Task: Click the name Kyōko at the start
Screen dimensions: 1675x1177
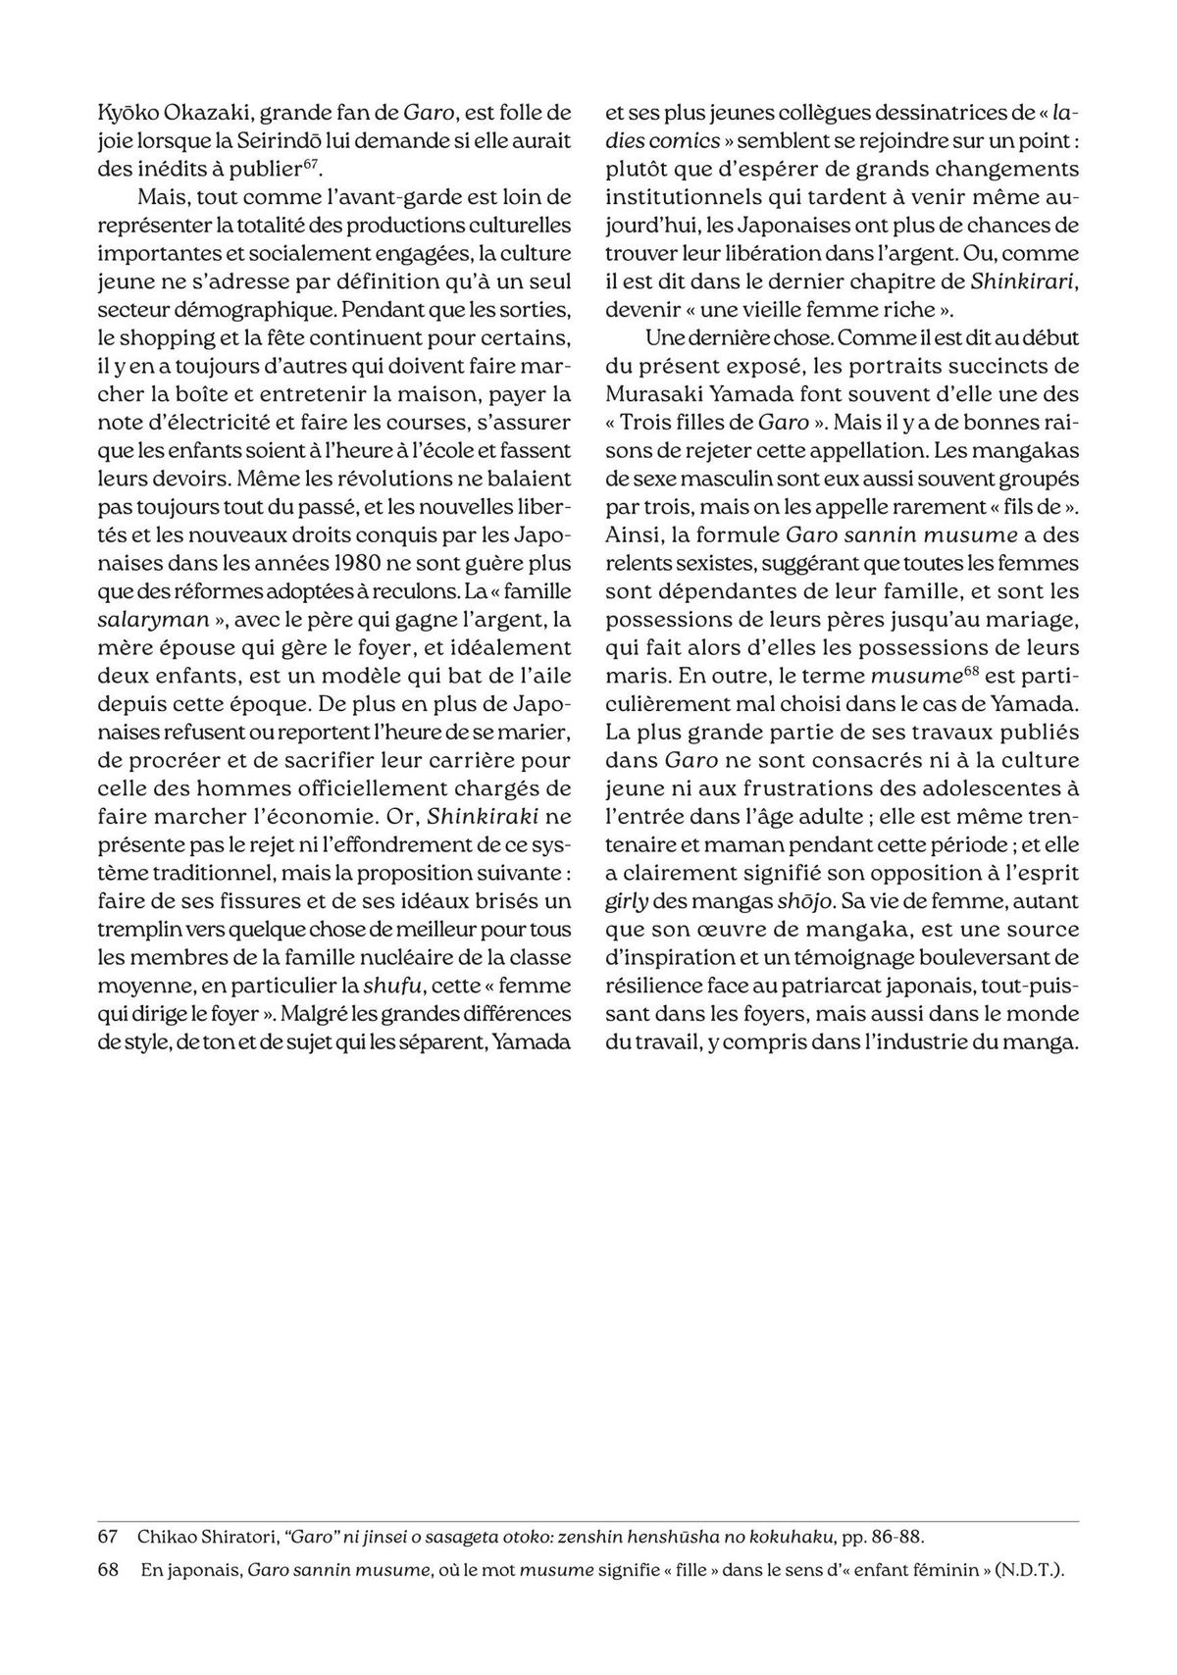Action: [x=128, y=112]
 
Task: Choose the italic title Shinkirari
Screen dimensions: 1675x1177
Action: [x=1025, y=281]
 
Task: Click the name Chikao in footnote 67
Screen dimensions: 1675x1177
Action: [x=168, y=1534]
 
